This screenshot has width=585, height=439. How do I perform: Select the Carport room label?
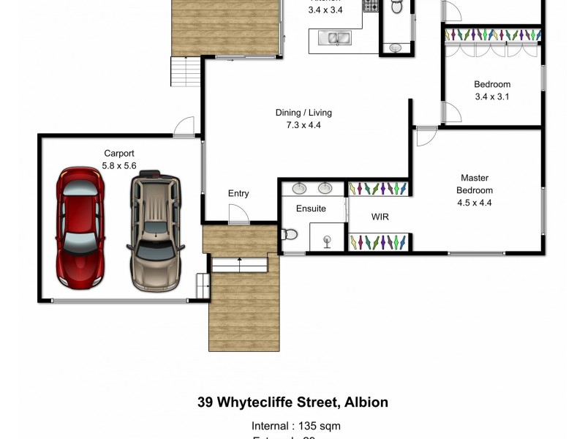pyautogui.click(x=118, y=154)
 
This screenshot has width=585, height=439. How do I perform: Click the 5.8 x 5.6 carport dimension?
pyautogui.click(x=118, y=165)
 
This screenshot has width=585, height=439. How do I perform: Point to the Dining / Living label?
pyautogui.click(x=303, y=113)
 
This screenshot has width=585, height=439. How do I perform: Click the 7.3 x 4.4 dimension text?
pyautogui.click(x=303, y=125)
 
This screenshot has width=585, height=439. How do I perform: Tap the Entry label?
pyautogui.click(x=238, y=194)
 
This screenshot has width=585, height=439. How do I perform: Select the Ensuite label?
pyautogui.click(x=311, y=209)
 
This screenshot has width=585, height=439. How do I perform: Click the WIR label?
pyautogui.click(x=380, y=217)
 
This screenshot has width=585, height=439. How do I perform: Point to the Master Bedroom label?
pyautogui.click(x=474, y=184)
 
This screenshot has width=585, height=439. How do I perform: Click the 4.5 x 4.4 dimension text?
pyautogui.click(x=474, y=203)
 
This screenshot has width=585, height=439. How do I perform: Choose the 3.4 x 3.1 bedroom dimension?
pyautogui.click(x=491, y=97)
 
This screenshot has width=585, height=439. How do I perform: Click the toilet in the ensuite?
pyautogui.click(x=289, y=235)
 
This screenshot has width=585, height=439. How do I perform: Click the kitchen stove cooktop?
pyautogui.click(x=371, y=7)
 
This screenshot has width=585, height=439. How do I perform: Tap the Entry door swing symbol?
pyautogui.click(x=238, y=214)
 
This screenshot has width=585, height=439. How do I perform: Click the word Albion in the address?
pyautogui.click(x=365, y=402)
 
